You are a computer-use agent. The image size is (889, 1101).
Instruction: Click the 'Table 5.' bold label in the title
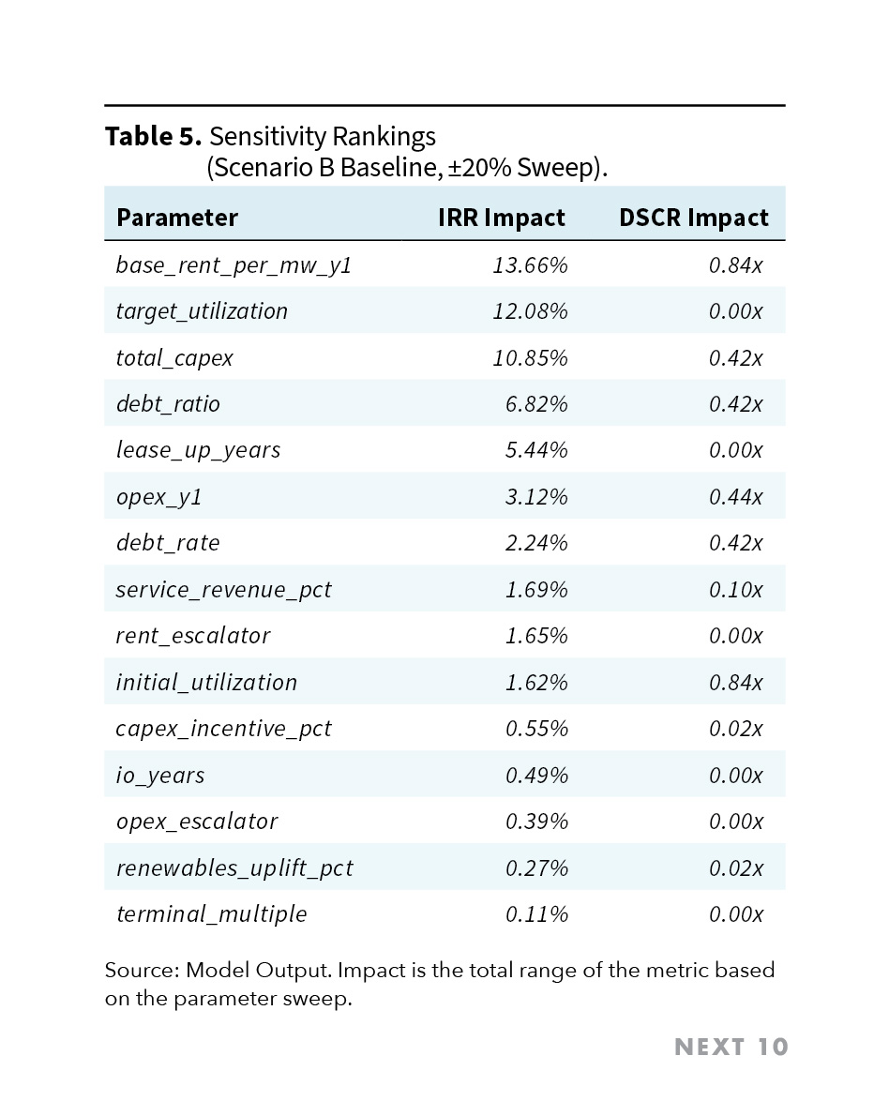[x=153, y=137]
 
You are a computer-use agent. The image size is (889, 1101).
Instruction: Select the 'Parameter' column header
[x=177, y=218]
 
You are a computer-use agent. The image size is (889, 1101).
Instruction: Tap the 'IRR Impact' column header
[x=501, y=218]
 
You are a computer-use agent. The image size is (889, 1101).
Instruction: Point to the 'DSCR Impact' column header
[x=693, y=218]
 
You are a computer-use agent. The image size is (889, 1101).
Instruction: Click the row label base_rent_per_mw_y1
[x=234, y=265]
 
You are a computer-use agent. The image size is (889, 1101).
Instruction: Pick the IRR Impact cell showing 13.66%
[x=530, y=265]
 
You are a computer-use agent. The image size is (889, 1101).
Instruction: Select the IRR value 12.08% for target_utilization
[x=530, y=311]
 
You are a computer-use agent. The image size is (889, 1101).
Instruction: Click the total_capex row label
[x=174, y=358]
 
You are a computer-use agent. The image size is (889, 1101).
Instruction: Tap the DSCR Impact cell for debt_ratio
[x=735, y=404]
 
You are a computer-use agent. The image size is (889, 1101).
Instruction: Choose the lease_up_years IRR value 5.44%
[x=536, y=450]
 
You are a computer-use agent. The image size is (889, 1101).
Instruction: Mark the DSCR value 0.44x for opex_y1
[x=735, y=497]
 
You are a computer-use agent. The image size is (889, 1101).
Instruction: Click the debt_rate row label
[x=168, y=543]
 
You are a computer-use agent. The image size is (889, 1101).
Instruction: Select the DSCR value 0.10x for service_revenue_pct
[x=735, y=590]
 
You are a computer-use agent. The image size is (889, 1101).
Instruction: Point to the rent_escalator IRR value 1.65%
[x=536, y=636]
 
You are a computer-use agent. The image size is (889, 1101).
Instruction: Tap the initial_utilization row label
[x=206, y=683]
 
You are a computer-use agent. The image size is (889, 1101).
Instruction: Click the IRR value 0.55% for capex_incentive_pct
[x=536, y=729]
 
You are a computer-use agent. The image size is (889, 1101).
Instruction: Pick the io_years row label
[x=160, y=776]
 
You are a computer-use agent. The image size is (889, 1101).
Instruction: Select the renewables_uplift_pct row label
[x=234, y=868]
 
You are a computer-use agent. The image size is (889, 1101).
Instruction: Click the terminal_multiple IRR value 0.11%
[x=536, y=914]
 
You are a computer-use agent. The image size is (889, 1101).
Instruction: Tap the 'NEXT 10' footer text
[x=731, y=1048]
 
